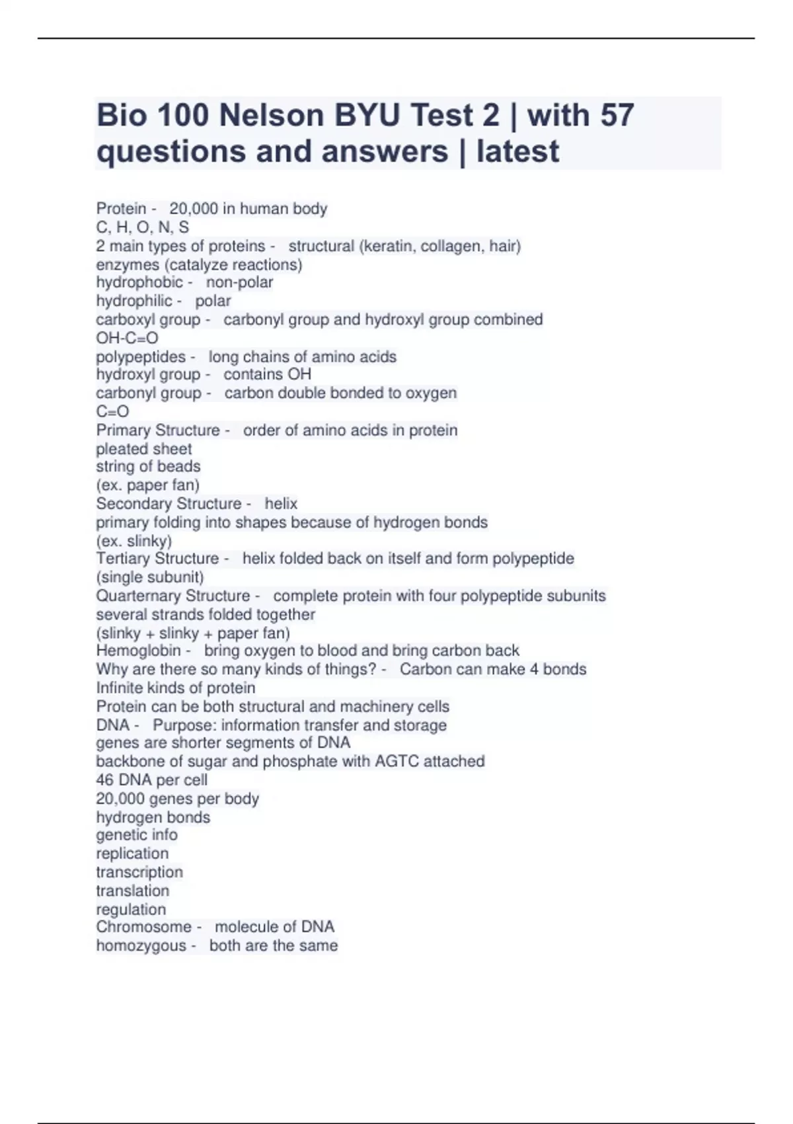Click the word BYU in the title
(x=367, y=116)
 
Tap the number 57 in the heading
(x=617, y=116)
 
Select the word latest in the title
(x=517, y=151)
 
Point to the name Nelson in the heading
(x=272, y=116)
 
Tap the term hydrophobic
(x=139, y=282)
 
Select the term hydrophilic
(x=134, y=301)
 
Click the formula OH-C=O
(x=127, y=338)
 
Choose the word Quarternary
(x=140, y=596)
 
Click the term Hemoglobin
(x=138, y=651)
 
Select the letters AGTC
(x=397, y=762)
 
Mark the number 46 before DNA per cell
(x=104, y=780)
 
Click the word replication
(x=132, y=854)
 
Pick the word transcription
(x=139, y=872)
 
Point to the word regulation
(x=131, y=909)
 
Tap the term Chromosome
(x=143, y=927)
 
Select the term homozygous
(x=141, y=945)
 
